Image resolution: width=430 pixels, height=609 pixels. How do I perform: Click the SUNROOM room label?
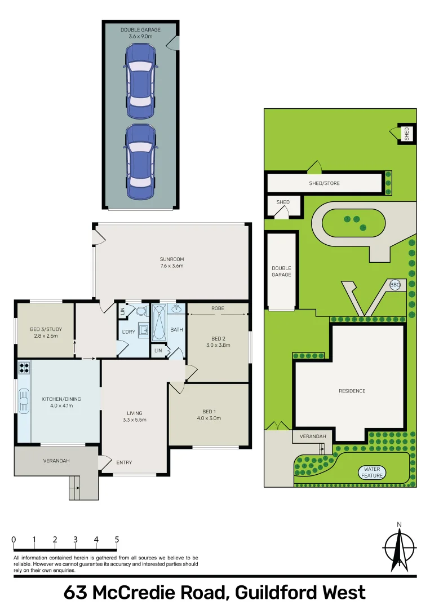click(172, 259)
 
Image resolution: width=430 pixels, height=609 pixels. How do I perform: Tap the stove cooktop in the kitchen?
click(25, 368)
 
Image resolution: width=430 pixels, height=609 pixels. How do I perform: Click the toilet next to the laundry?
click(140, 311)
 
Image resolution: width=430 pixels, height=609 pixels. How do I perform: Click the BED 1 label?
click(209, 411)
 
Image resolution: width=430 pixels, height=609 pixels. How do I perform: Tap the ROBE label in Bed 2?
click(218, 308)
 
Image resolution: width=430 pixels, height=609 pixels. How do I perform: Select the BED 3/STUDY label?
click(45, 329)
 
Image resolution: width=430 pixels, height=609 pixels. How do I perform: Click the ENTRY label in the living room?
click(124, 463)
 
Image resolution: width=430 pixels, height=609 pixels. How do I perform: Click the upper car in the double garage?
click(140, 82)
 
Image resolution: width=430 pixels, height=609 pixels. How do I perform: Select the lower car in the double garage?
click(140, 162)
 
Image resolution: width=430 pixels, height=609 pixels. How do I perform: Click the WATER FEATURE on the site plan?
click(373, 472)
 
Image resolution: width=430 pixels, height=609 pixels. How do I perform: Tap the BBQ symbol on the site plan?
click(394, 285)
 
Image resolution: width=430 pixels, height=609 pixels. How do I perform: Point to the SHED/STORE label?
click(324, 183)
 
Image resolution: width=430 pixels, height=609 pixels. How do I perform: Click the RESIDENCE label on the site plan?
click(352, 391)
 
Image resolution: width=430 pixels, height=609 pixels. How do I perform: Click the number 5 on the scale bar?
click(117, 540)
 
